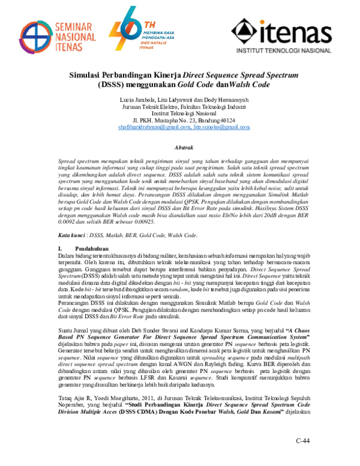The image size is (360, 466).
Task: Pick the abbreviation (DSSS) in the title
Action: click(x=112, y=86)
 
